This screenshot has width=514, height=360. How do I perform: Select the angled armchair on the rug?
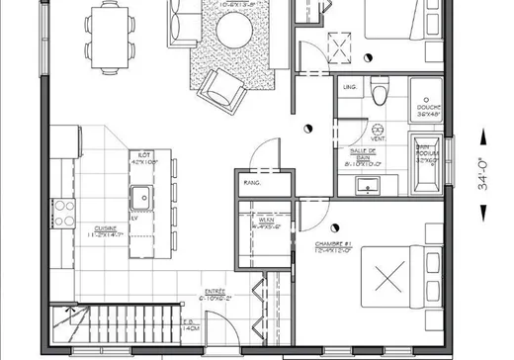(x=218, y=90)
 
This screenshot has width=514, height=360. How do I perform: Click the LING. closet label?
(x=349, y=88)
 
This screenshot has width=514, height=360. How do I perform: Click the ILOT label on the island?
(x=143, y=155)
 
